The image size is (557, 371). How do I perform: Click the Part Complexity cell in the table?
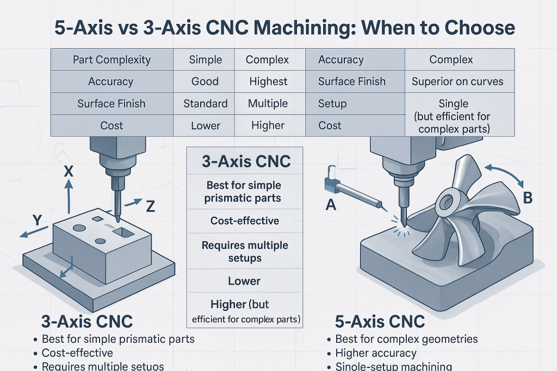(x=112, y=60)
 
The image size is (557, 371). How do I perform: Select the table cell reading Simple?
(x=205, y=60)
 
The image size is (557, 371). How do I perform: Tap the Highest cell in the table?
(x=268, y=81)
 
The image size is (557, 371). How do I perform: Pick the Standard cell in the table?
(x=205, y=103)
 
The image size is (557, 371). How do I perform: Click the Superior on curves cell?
(x=457, y=81)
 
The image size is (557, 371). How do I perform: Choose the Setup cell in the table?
(x=332, y=103)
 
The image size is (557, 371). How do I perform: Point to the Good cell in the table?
(x=205, y=81)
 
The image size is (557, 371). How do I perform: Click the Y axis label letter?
(x=38, y=220)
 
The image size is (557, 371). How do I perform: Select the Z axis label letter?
(x=151, y=206)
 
